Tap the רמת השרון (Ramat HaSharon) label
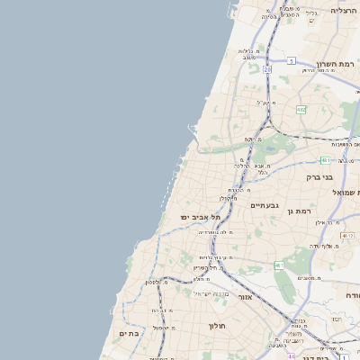[x=337, y=65]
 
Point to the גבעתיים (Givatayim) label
[x=265, y=205]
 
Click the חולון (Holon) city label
[x=218, y=326]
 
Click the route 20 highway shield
[x=267, y=68]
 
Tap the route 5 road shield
[x=292, y=61]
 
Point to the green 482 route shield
[x=301, y=110]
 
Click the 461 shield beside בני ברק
[x=325, y=160]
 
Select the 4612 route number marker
[x=347, y=236]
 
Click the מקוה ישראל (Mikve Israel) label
[x=213, y=294]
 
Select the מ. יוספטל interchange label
[x=163, y=327]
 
